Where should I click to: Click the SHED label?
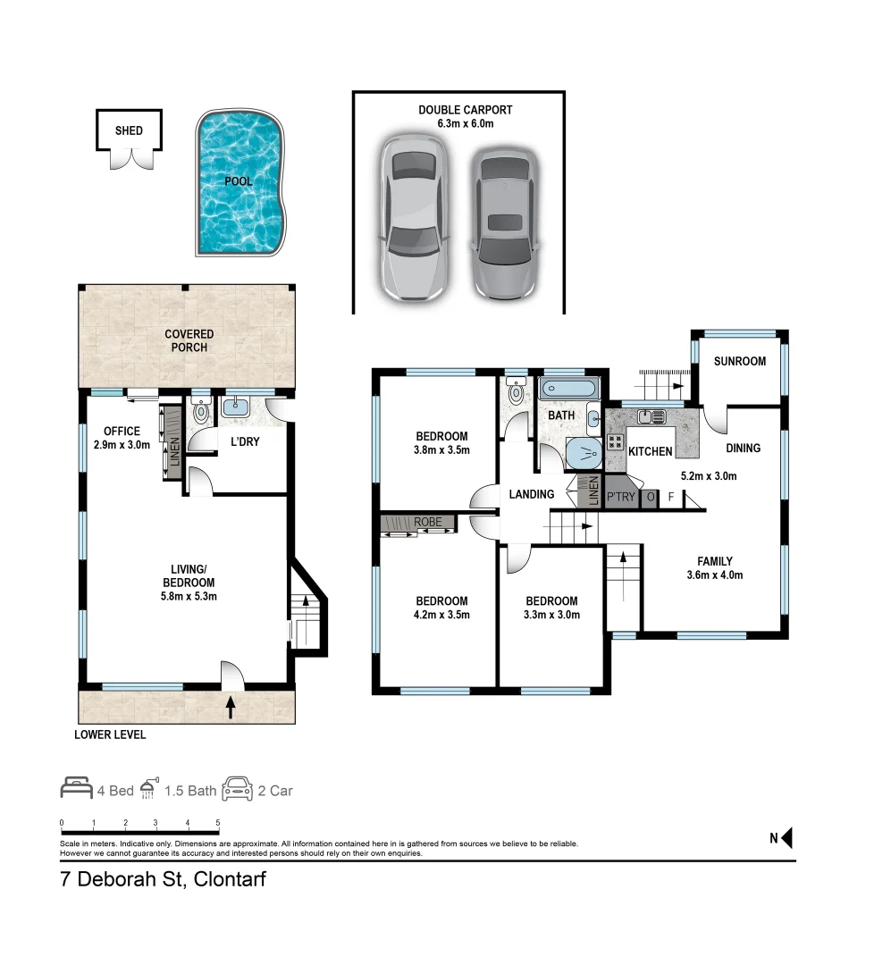pos(129,130)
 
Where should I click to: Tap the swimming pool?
pos(240,182)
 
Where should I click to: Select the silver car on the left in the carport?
pos(411,218)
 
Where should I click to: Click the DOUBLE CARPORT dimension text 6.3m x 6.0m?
pos(465,124)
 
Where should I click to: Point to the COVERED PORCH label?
pos(189,340)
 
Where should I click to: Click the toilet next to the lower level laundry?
pos(201,412)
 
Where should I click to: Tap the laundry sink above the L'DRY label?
pos(235,407)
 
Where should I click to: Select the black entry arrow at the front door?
pos(231,708)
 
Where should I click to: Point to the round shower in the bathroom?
pos(584,454)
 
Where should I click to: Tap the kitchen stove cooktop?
pos(615,440)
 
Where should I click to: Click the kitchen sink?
pos(651,415)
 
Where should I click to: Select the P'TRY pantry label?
pos(620,497)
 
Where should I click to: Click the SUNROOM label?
pos(739,362)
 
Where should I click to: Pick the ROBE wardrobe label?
pos(427,520)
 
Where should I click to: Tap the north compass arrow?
pos(787,838)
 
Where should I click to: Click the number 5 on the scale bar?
pos(218,822)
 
